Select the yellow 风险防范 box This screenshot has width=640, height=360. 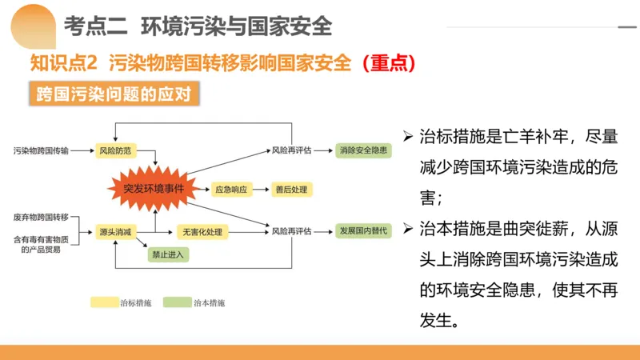(115, 150)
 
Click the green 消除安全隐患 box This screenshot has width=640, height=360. (363, 150)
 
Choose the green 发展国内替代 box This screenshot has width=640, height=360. (363, 231)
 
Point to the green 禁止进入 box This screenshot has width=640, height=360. (167, 255)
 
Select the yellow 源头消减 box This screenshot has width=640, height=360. (115, 231)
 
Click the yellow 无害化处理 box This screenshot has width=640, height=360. (202, 231)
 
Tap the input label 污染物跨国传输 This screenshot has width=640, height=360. (41, 150)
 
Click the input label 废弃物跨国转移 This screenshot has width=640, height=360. (41, 217)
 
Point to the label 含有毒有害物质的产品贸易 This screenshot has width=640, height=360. (41, 243)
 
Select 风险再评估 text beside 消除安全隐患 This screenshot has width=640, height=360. (291, 150)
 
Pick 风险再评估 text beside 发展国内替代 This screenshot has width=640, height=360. (291, 231)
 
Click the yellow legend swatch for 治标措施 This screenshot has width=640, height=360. (104, 302)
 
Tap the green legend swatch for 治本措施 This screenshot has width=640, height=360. (178, 302)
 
